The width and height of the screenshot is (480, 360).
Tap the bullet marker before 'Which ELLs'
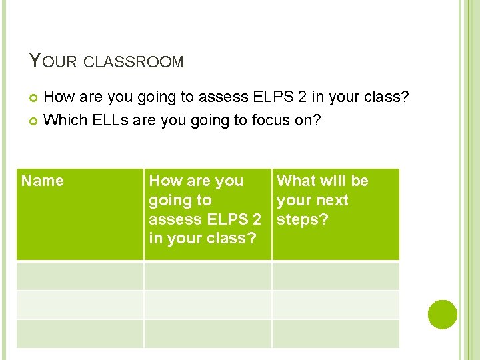point(35,121)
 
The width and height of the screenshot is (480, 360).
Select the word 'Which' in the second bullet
point(63,120)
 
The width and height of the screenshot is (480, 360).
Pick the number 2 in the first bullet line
point(302,98)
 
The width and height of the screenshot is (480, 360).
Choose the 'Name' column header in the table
point(43,181)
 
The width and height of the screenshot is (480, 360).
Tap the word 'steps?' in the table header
point(303,219)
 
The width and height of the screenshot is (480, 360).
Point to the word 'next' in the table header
point(332,200)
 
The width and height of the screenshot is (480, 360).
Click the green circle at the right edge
point(443,315)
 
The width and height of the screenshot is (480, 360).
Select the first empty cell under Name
point(80,275)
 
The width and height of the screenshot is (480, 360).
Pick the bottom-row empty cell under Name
point(80,333)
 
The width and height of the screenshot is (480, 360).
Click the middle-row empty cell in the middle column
point(207,305)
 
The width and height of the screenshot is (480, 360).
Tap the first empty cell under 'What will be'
point(335,275)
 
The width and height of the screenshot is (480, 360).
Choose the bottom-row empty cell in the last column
point(335,333)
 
